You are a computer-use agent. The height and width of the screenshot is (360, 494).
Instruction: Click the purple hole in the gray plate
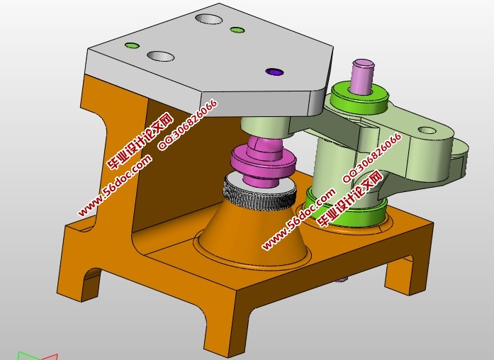pyautogui.click(x=274, y=72)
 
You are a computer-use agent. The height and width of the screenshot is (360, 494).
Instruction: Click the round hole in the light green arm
pyautogui.click(x=427, y=130)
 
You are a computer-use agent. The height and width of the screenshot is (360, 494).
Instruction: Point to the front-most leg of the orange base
pyautogui.click(x=227, y=333)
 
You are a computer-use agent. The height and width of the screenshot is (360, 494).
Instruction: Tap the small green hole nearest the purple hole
pyautogui.click(x=237, y=30)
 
